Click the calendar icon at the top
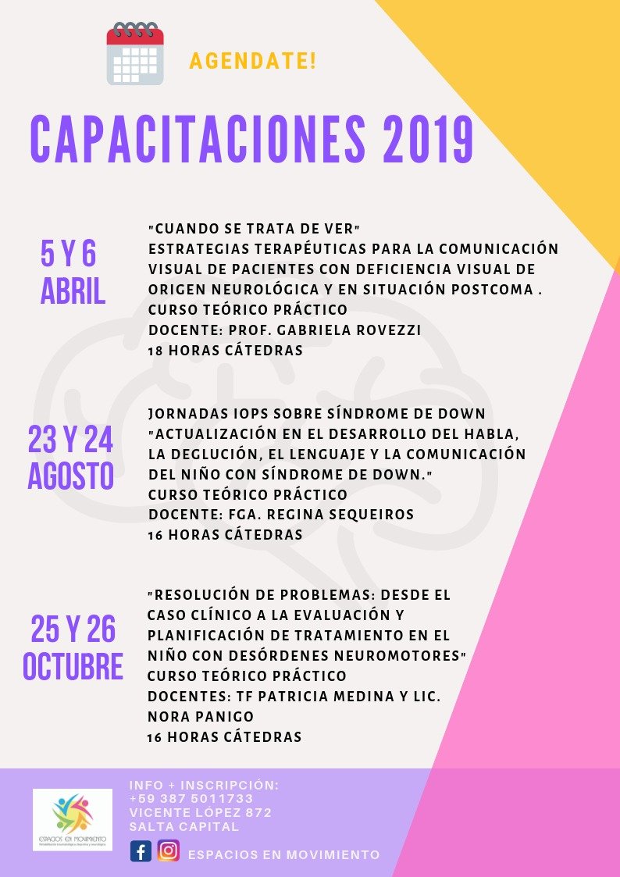[135, 54]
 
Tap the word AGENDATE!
[253, 61]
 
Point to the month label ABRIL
[73, 292]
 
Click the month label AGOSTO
[71, 476]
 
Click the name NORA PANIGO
[201, 716]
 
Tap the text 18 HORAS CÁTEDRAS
[225, 351]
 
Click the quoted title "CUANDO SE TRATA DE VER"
[253, 229]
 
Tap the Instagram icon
[168, 850]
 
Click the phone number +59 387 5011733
[191, 799]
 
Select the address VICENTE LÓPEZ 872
[201, 813]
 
